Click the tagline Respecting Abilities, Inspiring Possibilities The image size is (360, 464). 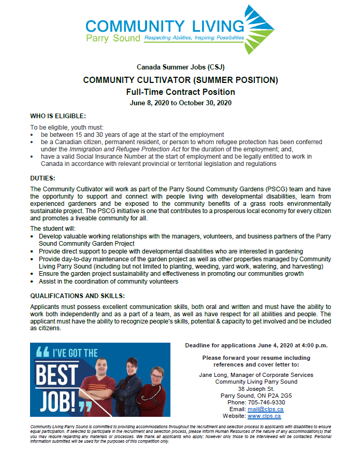click(x=194, y=38)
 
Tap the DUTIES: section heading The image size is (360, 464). click(x=43, y=178)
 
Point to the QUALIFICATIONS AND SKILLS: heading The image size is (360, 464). click(x=77, y=296)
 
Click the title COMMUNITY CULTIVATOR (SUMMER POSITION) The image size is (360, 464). click(x=180, y=80)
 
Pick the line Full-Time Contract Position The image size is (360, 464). click(x=180, y=92)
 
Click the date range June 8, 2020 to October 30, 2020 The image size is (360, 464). click(x=180, y=103)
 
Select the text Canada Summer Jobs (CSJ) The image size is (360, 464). click(x=180, y=67)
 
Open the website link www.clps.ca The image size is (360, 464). click(x=264, y=416)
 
